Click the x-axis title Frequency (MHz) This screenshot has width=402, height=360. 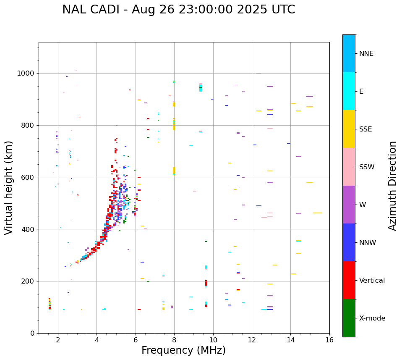click(183, 350)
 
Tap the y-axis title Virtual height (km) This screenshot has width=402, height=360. click(9, 187)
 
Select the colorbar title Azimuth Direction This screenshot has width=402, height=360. click(392, 186)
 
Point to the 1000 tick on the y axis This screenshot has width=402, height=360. click(27, 74)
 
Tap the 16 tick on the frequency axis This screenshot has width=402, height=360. click(329, 339)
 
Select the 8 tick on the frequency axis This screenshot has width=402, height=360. click(174, 339)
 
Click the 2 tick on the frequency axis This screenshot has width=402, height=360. click(58, 339)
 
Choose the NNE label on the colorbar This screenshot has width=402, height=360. click(366, 54)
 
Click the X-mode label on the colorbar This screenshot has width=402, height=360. click(372, 318)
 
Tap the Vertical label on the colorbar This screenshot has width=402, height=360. click(372, 281)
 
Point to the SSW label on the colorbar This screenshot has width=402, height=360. click(367, 167)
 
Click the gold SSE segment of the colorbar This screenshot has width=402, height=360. click(349, 129)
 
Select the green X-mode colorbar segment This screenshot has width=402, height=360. click(349, 318)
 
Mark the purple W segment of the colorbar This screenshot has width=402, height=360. click(349, 205)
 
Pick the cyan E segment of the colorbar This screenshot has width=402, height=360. click(349, 91)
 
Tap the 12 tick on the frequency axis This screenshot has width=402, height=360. click(252, 339)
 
